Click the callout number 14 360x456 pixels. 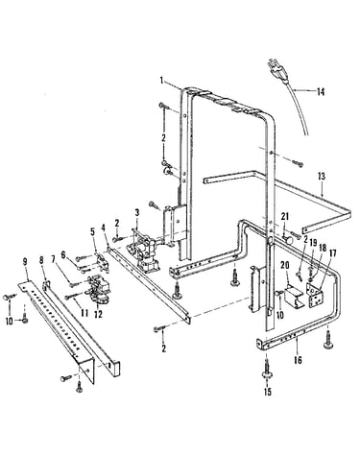pyautogui.click(x=321, y=92)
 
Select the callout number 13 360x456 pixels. pyautogui.click(x=322, y=177)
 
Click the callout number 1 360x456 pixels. pyautogui.click(x=162, y=80)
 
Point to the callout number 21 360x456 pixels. pyautogui.click(x=284, y=216)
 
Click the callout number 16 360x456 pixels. pyautogui.click(x=298, y=360)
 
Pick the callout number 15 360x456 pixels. pyautogui.click(x=268, y=392)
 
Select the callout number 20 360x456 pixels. pyautogui.click(x=285, y=265)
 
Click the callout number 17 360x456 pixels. pyautogui.click(x=333, y=254)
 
